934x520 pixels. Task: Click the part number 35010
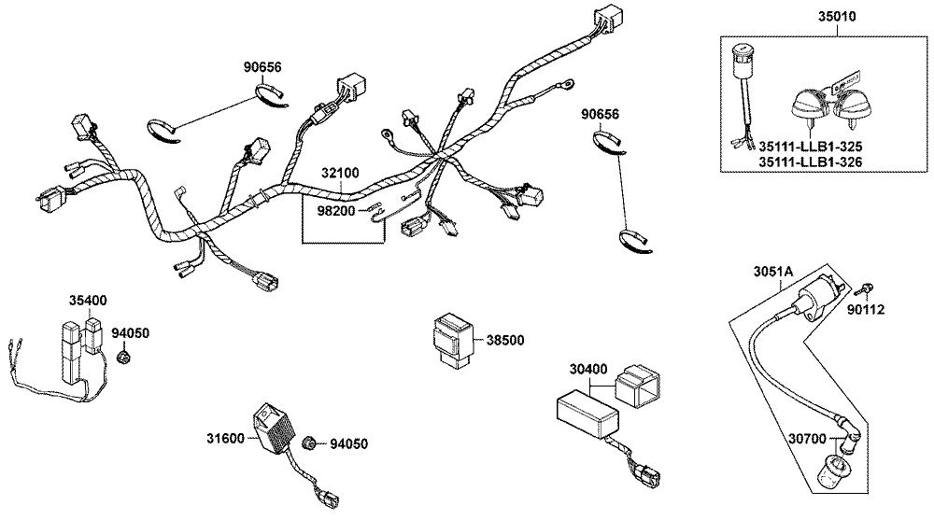pyautogui.click(x=836, y=16)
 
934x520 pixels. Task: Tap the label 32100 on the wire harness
pyautogui.click(x=340, y=173)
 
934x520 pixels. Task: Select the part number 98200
pyautogui.click(x=336, y=210)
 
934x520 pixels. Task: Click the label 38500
pyautogui.click(x=505, y=340)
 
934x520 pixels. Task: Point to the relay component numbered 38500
pyautogui.click(x=452, y=342)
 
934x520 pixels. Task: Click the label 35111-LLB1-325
pyautogui.click(x=810, y=147)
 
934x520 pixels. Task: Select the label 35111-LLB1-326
pyautogui.click(x=810, y=162)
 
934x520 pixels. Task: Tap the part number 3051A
pyautogui.click(x=773, y=272)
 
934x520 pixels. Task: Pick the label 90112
pyautogui.click(x=867, y=310)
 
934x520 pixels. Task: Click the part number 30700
pyautogui.click(x=807, y=439)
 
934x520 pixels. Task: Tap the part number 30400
pyautogui.click(x=588, y=369)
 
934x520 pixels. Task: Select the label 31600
pyautogui.click(x=226, y=439)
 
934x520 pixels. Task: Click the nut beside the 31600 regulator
pyautogui.click(x=308, y=443)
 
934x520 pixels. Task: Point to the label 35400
pyautogui.click(x=88, y=301)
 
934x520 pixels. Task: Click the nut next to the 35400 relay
pyautogui.click(x=122, y=357)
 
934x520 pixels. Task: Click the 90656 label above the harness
pyautogui.click(x=262, y=67)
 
